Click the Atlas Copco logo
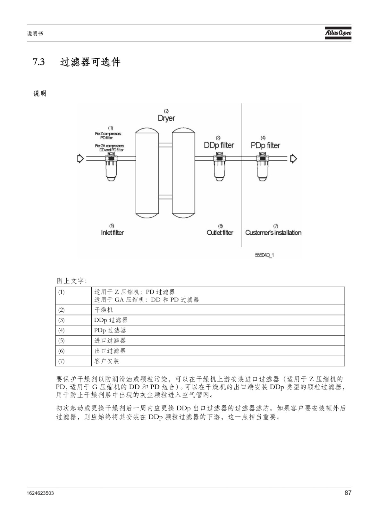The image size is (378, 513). point(338,33)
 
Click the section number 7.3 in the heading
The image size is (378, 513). point(39,62)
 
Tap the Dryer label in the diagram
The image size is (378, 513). point(166,118)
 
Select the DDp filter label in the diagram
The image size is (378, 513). point(219,145)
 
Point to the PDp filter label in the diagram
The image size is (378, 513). point(265,145)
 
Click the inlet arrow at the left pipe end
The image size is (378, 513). point(81,158)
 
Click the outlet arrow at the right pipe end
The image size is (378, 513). point(293,158)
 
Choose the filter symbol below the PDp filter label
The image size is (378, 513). point(262,166)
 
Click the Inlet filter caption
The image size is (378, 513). point(112,232)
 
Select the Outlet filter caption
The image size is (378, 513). point(220,232)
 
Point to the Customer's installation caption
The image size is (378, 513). point(273,232)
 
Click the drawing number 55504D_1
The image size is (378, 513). point(265,255)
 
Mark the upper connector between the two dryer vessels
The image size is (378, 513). point(165,145)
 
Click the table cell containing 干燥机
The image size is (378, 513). point(218,310)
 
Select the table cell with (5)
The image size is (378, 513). point(73,341)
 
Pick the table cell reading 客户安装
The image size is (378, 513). point(218,361)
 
